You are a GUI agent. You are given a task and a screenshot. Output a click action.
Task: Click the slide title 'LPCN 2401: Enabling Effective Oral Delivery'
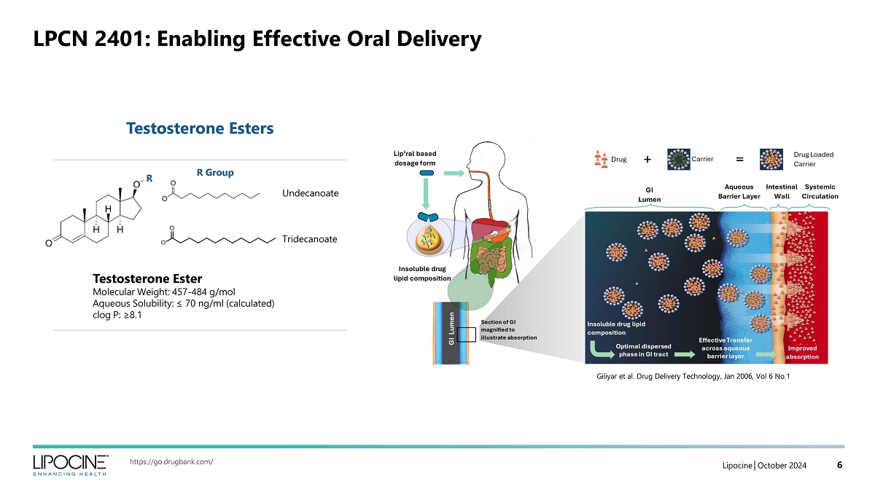click(257, 39)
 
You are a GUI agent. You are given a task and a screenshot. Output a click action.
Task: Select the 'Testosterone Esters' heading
click(199, 129)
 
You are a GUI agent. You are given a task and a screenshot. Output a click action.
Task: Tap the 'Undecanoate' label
click(310, 193)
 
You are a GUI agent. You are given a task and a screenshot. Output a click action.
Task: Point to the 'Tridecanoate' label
click(310, 239)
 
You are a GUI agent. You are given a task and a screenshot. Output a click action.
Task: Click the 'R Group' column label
click(215, 173)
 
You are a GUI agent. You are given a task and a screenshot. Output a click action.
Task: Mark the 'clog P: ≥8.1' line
click(117, 316)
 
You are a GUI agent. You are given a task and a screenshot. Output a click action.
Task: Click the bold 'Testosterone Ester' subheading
click(147, 279)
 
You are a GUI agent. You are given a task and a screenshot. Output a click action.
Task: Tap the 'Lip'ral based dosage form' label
click(414, 158)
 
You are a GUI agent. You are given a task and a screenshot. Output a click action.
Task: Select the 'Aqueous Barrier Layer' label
click(739, 192)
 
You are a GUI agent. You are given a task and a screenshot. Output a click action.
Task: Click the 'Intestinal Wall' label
click(782, 192)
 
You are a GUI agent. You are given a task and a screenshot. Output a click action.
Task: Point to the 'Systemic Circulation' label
click(820, 192)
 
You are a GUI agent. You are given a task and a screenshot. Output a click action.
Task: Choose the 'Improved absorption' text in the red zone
click(803, 353)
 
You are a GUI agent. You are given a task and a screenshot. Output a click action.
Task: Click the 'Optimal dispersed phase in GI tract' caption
click(643, 351)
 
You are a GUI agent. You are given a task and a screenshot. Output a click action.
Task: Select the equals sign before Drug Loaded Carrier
click(739, 159)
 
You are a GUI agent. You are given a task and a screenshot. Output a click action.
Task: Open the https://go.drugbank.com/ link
click(171, 461)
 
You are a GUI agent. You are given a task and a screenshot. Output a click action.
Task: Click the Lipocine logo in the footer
click(70, 464)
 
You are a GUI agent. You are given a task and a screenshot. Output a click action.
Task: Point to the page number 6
click(839, 465)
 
